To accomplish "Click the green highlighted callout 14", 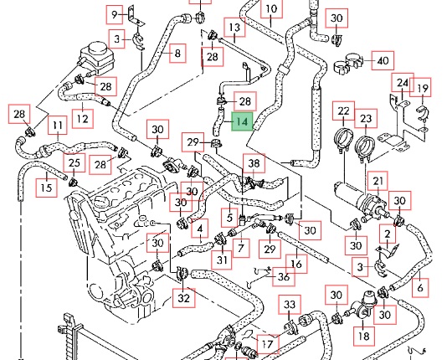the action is pos(242,121).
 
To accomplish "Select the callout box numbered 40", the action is pos(383,60).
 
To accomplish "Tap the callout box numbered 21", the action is pos(378,181).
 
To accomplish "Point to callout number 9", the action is pos(115,14).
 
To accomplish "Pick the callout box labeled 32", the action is pos(184,298).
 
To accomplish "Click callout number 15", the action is pos(47,188).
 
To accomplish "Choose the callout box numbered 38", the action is pos(254,163).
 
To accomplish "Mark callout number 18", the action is pos(364,336).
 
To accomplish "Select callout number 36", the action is pos(284,276).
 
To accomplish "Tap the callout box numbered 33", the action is pos(290,305).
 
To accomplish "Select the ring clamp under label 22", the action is pos(343,140).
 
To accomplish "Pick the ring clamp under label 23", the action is pos(365,149).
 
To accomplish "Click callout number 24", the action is pos(403,83).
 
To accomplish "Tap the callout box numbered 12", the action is pos(82,119).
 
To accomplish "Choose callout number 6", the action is pos(420,288).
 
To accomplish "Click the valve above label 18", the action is pos(365,306).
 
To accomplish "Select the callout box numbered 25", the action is pos(74,162).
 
